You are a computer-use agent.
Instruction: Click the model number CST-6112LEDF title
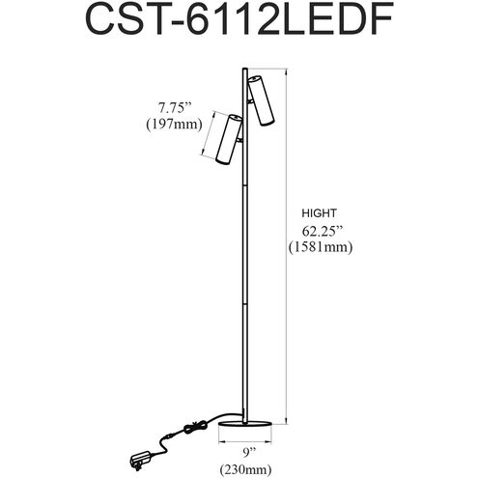[x=239, y=19]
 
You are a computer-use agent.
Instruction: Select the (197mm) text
[x=174, y=125]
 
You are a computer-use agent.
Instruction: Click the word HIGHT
[x=319, y=213]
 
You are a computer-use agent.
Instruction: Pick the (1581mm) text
[x=321, y=247]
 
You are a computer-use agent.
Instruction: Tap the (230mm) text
[x=245, y=469]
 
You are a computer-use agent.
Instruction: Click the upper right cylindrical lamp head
[x=261, y=100]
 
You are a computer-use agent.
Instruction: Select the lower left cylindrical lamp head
[x=229, y=139]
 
